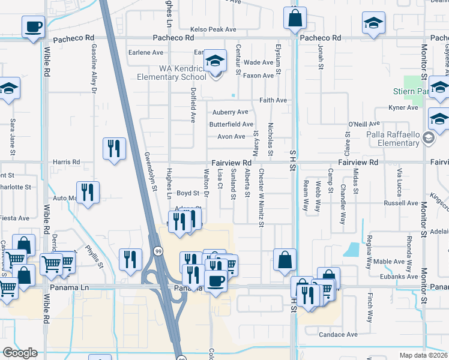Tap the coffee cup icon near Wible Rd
pyautogui.click(x=33, y=26)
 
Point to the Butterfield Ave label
pyautogui.click(x=231, y=124)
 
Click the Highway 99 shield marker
pyautogui.click(x=158, y=250)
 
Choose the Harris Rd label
pyautogui.click(x=66, y=162)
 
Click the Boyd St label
pyautogui.click(x=187, y=193)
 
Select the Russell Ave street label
pyautogui.click(x=400, y=203)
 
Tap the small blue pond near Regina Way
pyautogui.click(x=351, y=248)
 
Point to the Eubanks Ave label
pyautogui.click(x=405, y=277)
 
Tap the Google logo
pyautogui.click(x=20, y=353)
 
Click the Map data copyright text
pyautogui.click(x=423, y=355)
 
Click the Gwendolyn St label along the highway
pyautogui.click(x=150, y=171)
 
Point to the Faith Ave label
pyautogui.click(x=273, y=100)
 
